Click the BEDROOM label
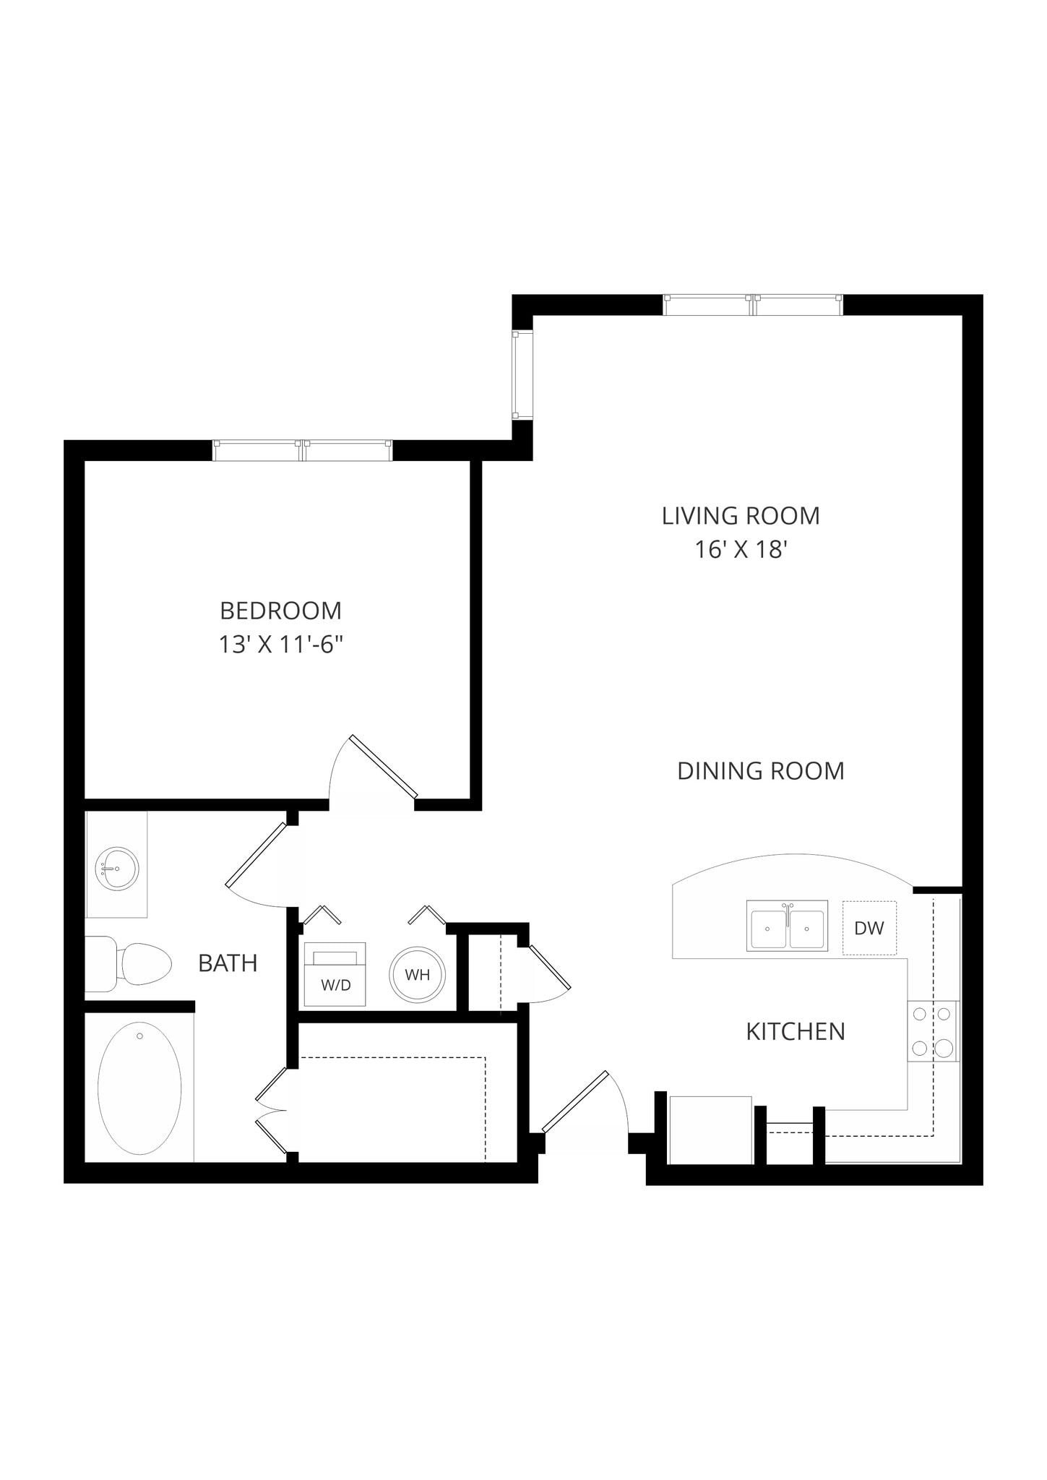click(280, 611)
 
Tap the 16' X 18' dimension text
click(740, 550)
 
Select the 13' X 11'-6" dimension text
click(280, 645)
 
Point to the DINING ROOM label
click(760, 771)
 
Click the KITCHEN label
click(795, 1031)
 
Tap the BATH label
click(228, 963)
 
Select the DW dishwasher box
click(869, 928)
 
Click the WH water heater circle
click(417, 974)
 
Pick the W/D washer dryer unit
click(335, 975)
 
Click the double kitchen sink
click(787, 926)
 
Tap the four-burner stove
click(932, 1031)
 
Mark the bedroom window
click(303, 450)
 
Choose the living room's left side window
click(522, 374)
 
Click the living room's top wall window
click(753, 304)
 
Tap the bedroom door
click(383, 766)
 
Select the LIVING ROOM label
click(741, 516)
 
